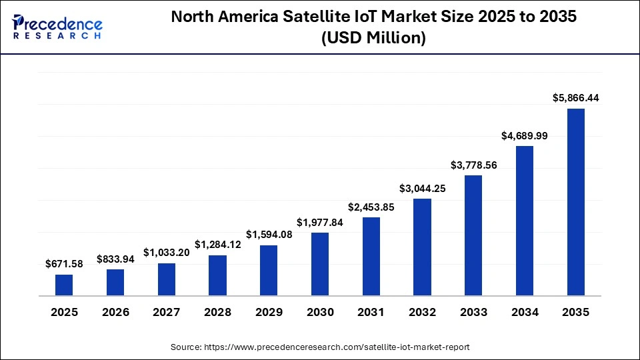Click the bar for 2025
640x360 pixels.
64,285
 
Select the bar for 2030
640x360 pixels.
320,264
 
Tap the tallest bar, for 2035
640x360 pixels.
576,202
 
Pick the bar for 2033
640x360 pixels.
473,235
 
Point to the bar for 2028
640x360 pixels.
217,275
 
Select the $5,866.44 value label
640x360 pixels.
576,98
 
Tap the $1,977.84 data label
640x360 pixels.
320,222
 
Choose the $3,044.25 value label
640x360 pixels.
423,188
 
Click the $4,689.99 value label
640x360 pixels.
525,135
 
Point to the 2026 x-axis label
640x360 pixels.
115,312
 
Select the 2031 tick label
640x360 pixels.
371,312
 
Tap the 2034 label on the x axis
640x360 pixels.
525,312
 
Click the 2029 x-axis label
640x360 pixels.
269,312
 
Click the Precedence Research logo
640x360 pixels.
57,27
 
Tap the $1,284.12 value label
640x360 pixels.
217,245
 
